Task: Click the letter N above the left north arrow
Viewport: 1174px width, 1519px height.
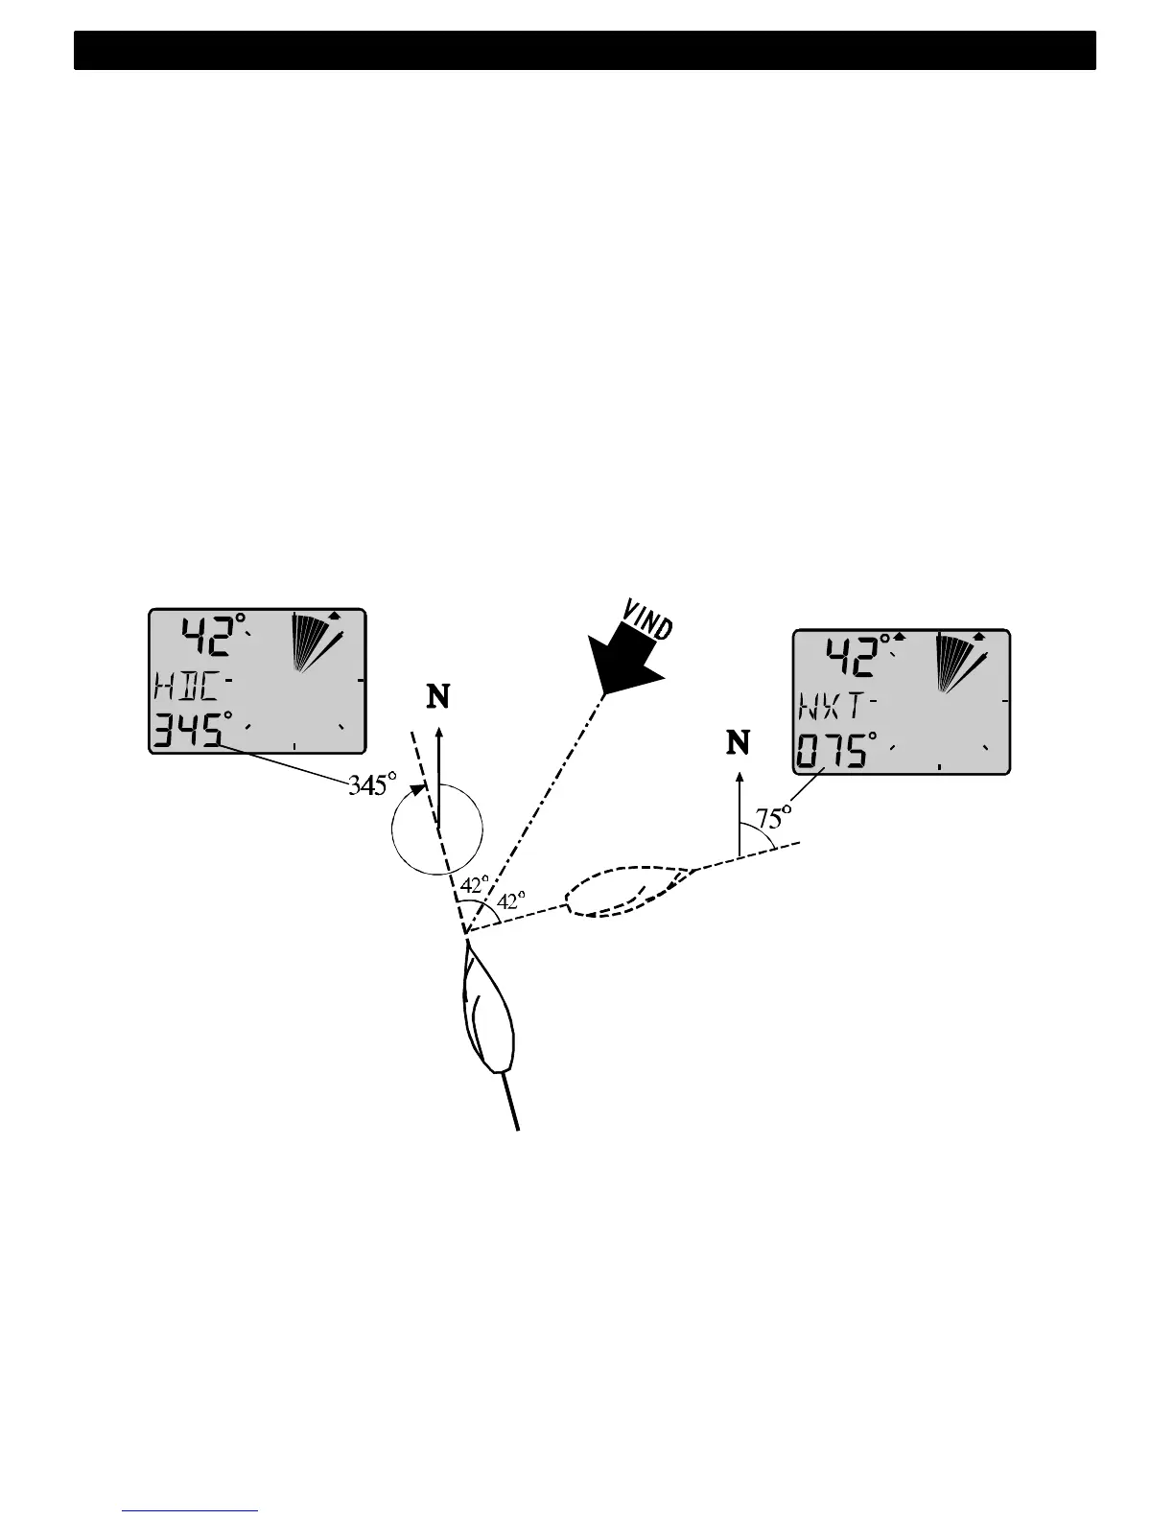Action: click(x=437, y=697)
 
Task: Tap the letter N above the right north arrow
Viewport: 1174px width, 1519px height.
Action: click(x=738, y=742)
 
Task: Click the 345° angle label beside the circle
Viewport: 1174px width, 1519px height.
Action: click(x=372, y=785)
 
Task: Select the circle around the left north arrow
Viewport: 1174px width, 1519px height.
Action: click(x=437, y=829)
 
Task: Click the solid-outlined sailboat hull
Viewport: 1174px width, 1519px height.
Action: click(x=489, y=1017)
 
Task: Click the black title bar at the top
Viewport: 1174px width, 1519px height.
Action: click(x=585, y=50)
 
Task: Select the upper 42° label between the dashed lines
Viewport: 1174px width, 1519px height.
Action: click(x=474, y=884)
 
